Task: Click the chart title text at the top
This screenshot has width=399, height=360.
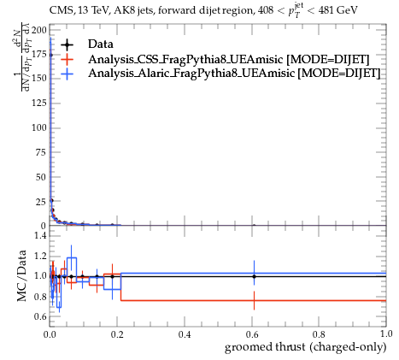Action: (x=203, y=10)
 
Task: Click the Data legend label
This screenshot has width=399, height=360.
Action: (x=101, y=44)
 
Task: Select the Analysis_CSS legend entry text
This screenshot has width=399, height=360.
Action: (x=228, y=60)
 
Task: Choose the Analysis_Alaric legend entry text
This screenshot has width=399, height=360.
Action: (x=234, y=74)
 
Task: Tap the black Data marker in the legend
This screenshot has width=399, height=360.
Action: (x=67, y=44)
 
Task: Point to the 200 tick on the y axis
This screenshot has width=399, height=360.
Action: (x=38, y=30)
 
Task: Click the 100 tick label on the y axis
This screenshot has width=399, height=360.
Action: (x=38, y=127)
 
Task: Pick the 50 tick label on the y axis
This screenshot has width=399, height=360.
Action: (x=41, y=177)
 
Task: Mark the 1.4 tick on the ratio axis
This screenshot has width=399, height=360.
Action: (x=41, y=235)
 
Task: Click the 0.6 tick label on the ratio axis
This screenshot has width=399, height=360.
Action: (x=41, y=316)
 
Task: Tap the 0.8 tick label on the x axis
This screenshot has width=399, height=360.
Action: (x=319, y=333)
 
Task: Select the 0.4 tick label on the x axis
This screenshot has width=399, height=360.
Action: (x=185, y=333)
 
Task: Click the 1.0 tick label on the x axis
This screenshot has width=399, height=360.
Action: (x=386, y=333)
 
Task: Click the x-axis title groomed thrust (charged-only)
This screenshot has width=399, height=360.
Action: (x=306, y=347)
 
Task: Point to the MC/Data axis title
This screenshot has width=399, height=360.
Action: (x=22, y=276)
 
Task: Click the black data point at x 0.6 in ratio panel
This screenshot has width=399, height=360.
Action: (x=254, y=276)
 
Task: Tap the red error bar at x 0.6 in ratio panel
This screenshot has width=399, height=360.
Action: (x=254, y=300)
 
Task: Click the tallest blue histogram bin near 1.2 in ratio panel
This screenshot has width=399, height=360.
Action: (x=72, y=257)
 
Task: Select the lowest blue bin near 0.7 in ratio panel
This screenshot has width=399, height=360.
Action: (x=59, y=308)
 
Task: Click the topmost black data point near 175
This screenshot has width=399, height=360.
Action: (x=50, y=55)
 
